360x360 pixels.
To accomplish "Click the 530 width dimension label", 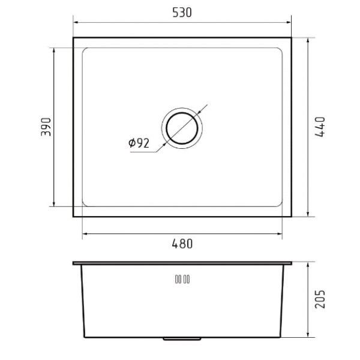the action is [x=182, y=13].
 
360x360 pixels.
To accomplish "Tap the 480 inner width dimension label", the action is [x=182, y=244].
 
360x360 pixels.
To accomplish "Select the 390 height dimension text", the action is [x=46, y=127].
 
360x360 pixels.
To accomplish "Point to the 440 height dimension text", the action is [x=320, y=127].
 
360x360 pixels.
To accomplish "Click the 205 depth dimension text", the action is [x=320, y=299].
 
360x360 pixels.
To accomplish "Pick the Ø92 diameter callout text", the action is [x=139, y=143].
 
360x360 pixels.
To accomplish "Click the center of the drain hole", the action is [x=182, y=128].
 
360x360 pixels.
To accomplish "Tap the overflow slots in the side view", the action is [x=182, y=280].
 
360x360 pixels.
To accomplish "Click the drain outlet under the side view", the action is [x=182, y=338].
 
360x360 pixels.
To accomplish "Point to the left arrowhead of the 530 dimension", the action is [x=76, y=23].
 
